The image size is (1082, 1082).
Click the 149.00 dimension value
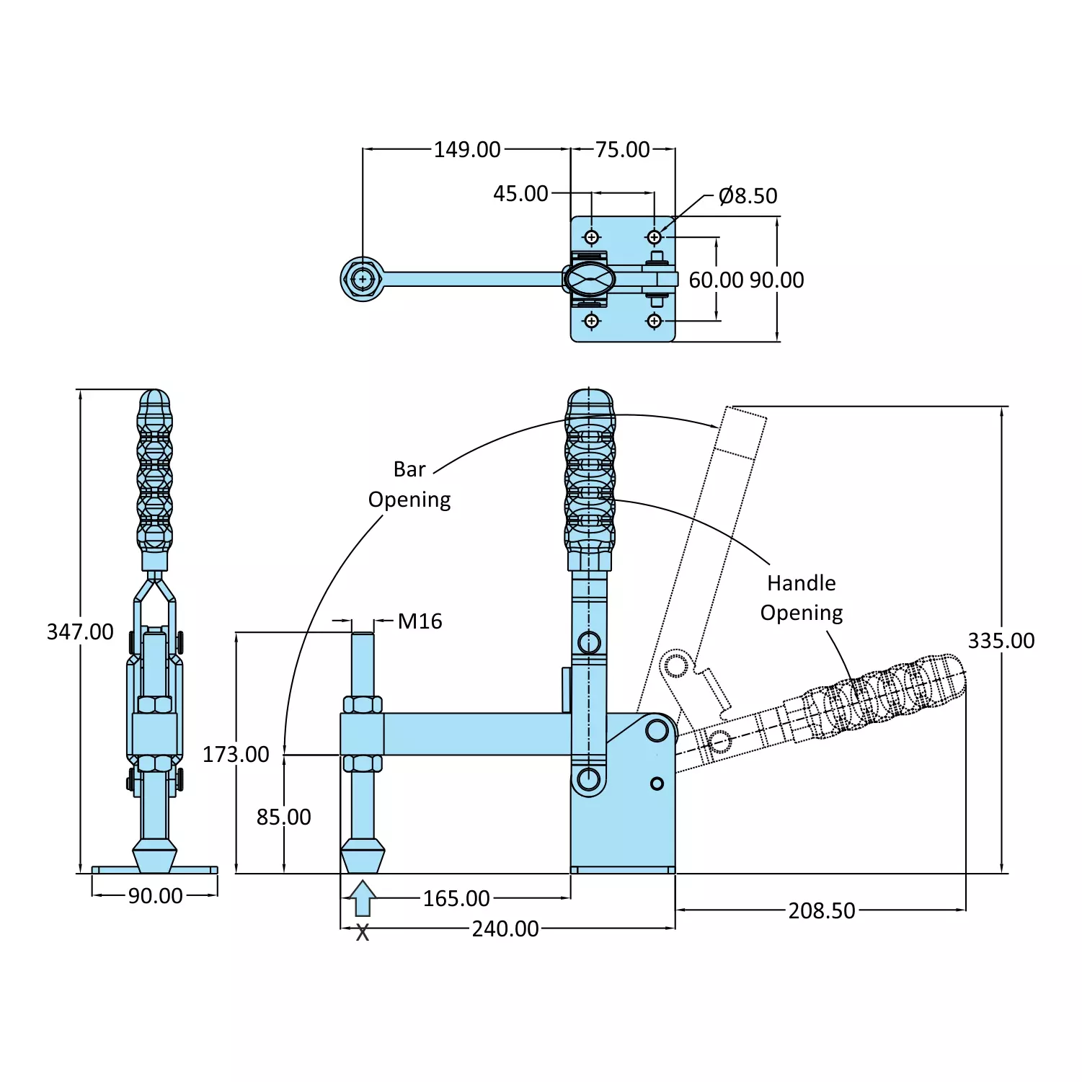[x=467, y=150]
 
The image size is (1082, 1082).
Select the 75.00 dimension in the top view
[x=623, y=150]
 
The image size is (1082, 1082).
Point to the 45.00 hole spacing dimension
[x=520, y=194]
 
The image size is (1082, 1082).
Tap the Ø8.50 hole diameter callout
[x=748, y=196]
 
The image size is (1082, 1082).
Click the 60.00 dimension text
[x=715, y=280]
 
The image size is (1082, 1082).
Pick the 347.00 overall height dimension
[x=80, y=632]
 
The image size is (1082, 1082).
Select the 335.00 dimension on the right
[x=1001, y=641]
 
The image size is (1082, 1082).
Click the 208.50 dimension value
[x=822, y=911]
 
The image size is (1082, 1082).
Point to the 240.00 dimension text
[x=505, y=929]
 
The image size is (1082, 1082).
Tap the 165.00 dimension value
[x=456, y=899]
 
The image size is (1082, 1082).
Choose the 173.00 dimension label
[x=236, y=755]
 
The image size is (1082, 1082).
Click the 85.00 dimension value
[x=284, y=817]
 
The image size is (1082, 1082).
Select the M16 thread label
[x=420, y=621]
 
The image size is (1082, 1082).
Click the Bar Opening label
[x=409, y=484]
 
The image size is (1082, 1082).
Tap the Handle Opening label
[x=801, y=598]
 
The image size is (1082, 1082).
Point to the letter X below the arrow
[x=363, y=934]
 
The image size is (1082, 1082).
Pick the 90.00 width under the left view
[x=155, y=896]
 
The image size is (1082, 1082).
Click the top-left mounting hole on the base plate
[x=591, y=237]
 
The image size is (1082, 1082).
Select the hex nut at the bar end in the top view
[x=363, y=279]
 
